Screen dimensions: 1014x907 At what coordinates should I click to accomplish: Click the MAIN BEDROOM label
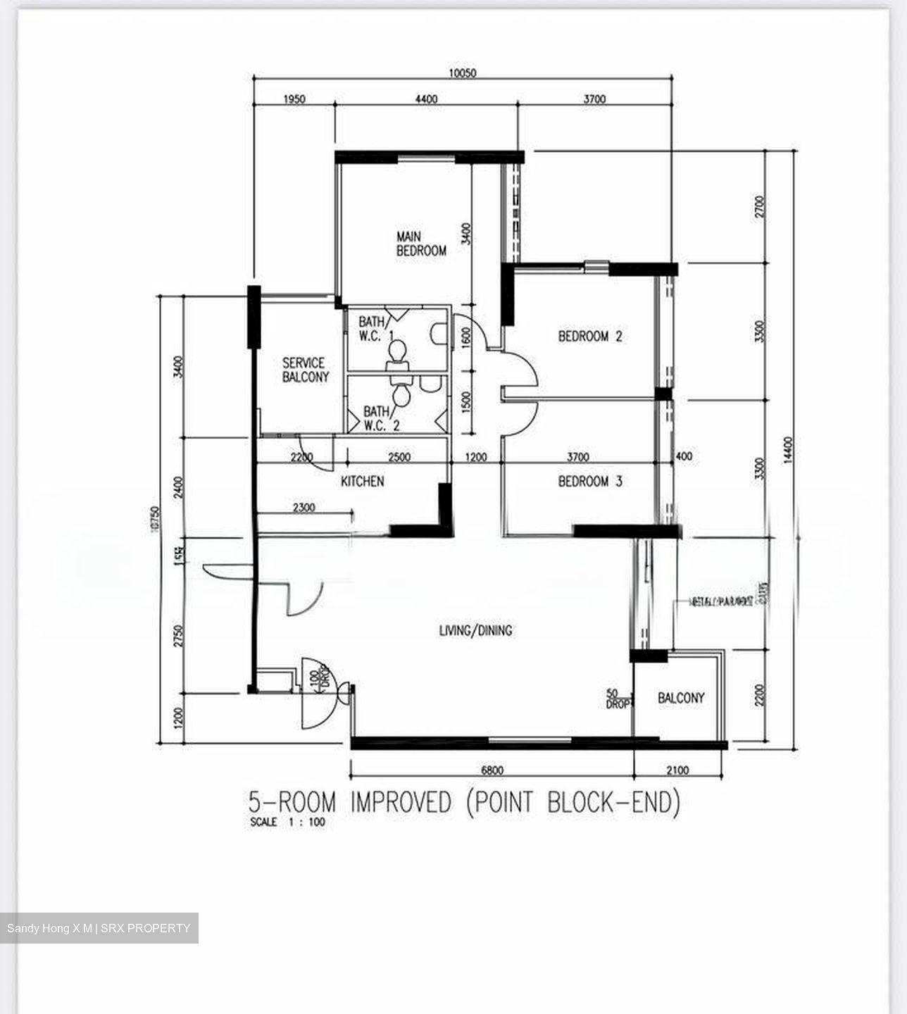(421, 244)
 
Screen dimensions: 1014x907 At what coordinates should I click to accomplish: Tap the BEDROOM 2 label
(590, 337)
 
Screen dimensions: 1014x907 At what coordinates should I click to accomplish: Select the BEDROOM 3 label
(590, 482)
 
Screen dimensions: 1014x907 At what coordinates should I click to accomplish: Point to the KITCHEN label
(363, 481)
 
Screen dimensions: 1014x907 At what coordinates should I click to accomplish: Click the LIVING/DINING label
(476, 630)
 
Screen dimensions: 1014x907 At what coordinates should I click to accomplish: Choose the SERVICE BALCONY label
(305, 370)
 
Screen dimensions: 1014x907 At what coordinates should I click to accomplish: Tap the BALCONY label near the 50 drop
(681, 698)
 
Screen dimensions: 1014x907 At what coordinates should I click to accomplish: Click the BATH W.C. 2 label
(381, 418)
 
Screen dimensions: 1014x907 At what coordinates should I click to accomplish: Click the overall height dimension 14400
(788, 449)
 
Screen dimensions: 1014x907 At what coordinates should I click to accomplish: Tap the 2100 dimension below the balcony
(677, 770)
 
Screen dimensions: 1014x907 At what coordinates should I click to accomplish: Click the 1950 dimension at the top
(294, 99)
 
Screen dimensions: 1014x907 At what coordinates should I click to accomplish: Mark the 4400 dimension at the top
(425, 99)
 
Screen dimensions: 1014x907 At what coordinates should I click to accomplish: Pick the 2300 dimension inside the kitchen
(304, 507)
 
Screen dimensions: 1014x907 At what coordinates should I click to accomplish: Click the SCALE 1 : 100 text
(287, 822)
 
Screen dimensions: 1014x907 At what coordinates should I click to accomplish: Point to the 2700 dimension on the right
(759, 207)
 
